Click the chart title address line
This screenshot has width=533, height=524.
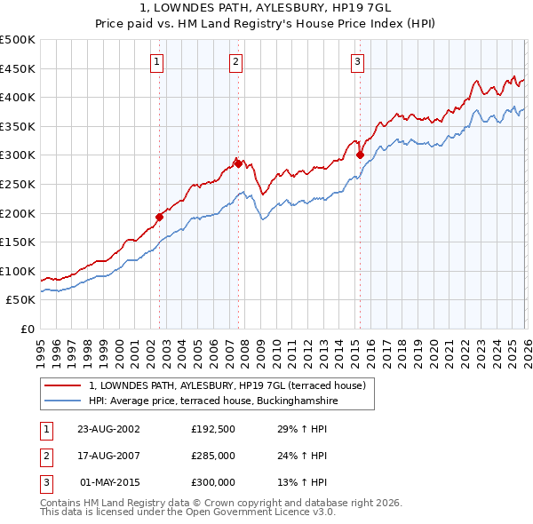point(266,7)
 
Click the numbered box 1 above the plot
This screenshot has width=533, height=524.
point(157,61)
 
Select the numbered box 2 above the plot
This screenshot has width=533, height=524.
point(235,61)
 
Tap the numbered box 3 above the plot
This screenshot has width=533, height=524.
point(357,61)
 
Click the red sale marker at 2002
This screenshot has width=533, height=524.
point(160,217)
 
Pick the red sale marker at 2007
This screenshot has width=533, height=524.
point(238,163)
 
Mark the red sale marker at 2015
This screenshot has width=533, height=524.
point(360,155)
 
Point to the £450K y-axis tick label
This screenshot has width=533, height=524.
point(18,68)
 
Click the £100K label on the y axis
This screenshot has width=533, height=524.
point(18,271)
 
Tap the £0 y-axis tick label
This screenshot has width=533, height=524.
point(27,329)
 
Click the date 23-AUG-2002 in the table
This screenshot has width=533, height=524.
point(108,429)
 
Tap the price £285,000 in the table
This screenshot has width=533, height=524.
point(213,456)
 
